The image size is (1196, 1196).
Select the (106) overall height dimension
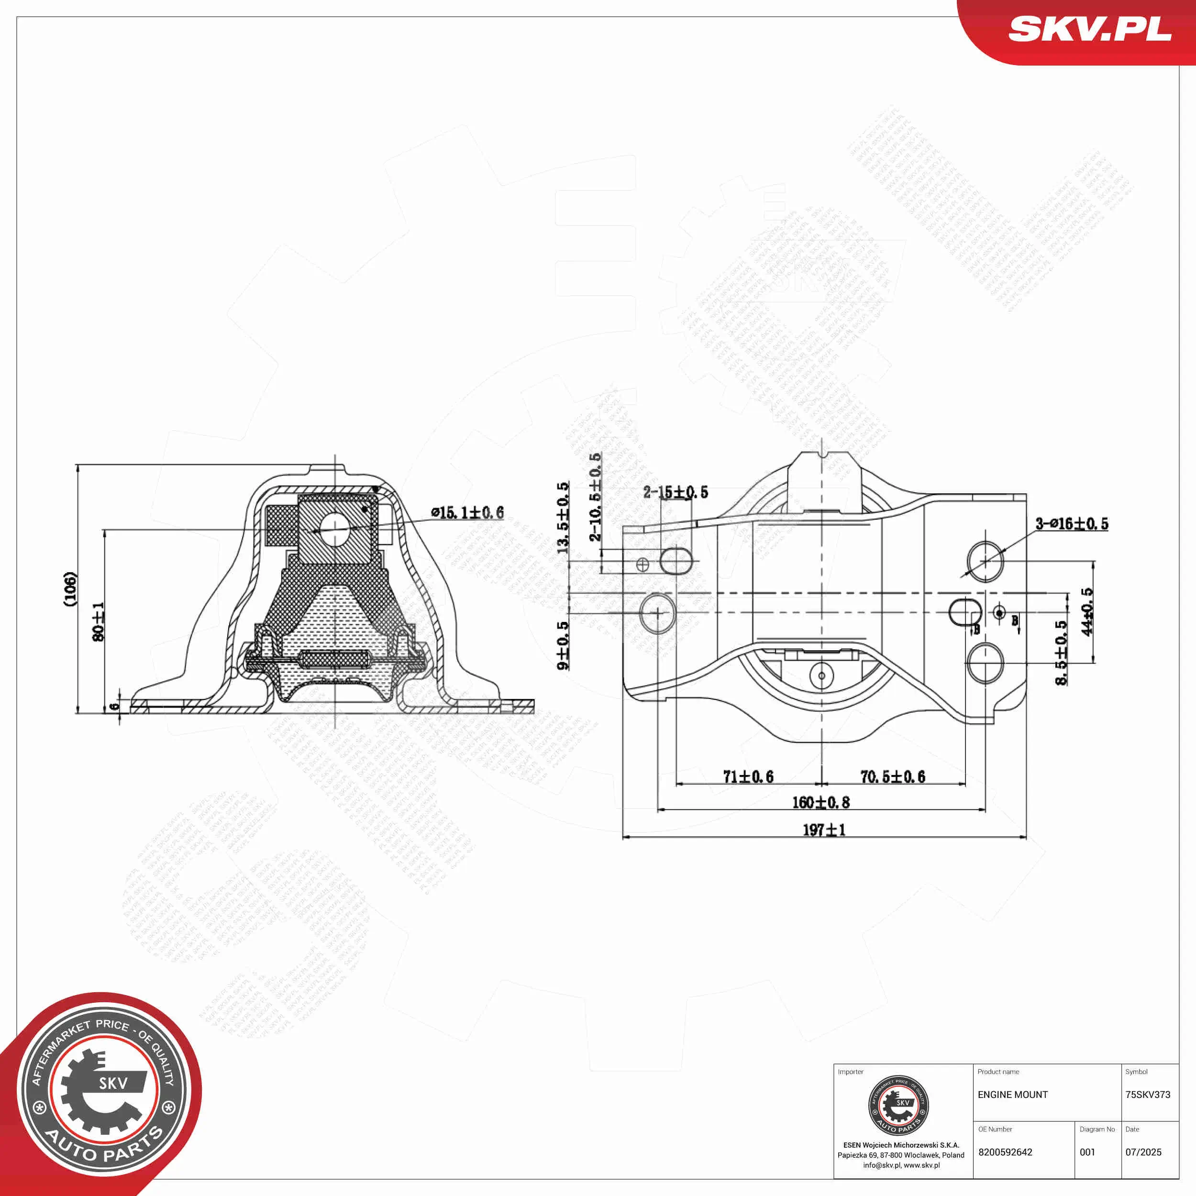71,589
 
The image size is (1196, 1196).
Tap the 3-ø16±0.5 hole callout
1072,524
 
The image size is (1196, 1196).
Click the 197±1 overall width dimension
823,830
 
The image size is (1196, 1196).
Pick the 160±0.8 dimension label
821,803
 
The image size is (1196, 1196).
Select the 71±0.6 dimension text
748,777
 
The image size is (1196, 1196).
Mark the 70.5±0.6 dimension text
893,777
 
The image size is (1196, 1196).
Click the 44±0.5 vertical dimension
1087,611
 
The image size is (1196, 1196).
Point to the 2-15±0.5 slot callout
676,492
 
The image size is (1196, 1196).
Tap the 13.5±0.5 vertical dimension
563,518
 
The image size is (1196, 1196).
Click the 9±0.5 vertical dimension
563,646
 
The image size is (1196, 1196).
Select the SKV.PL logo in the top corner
1089,29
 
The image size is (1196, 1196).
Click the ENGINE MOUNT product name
1013,1095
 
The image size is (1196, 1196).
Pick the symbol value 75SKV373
1148,1095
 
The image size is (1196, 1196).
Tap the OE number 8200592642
1005,1152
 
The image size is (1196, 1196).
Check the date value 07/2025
1143,1152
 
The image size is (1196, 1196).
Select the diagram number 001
1088,1152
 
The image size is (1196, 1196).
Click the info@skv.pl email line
901,1165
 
